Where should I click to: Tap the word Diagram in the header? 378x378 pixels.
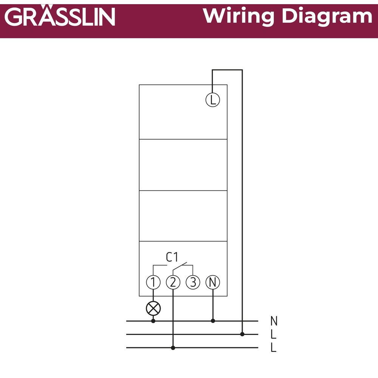tap(327, 16)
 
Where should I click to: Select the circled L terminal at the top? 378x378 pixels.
tap(212, 100)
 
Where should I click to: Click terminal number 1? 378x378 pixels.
tap(153, 282)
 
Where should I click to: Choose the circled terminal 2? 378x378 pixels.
tap(173, 282)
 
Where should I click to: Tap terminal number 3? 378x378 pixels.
tap(193, 282)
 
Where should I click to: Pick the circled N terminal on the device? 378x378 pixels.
tap(212, 282)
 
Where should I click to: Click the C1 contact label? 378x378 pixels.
tap(172, 257)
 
